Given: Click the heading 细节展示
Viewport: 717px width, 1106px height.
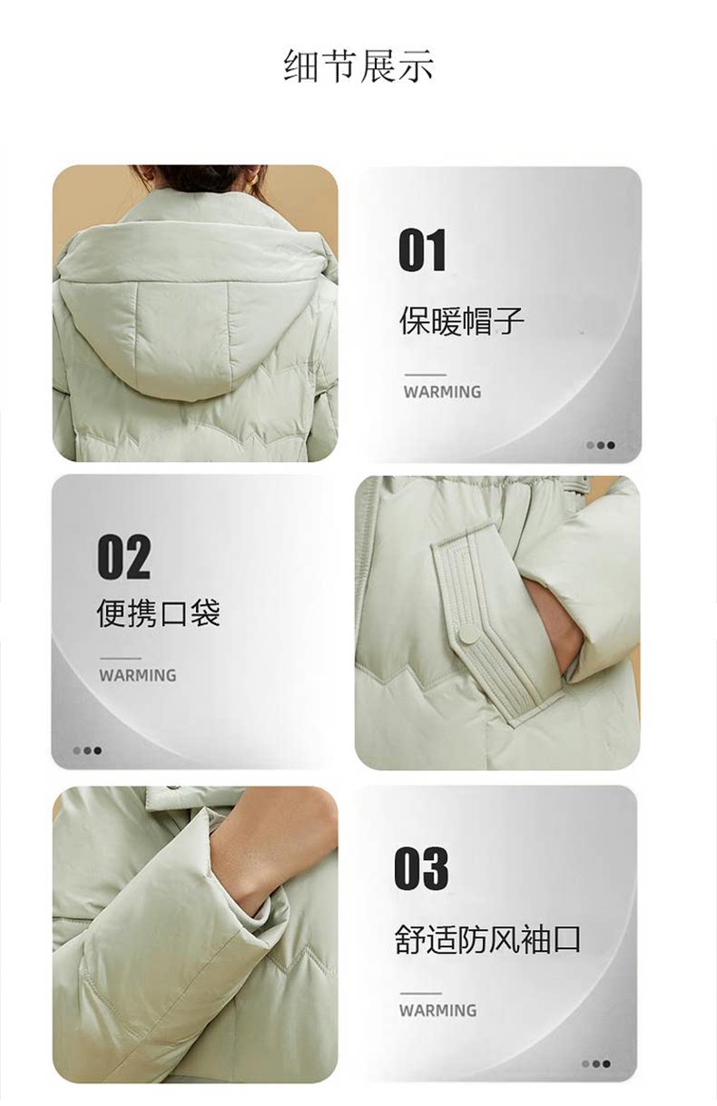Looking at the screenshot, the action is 359,65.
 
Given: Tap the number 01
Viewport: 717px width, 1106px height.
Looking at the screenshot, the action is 422,250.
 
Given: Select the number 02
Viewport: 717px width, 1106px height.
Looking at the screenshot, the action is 123,557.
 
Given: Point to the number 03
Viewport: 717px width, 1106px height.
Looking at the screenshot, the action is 421,868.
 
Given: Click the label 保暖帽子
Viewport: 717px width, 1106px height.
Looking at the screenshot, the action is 462,321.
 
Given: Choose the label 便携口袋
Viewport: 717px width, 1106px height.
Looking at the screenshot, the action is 159,612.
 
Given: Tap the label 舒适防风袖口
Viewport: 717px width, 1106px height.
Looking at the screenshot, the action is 487,939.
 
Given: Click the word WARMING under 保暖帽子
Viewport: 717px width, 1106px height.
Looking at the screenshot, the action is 442,392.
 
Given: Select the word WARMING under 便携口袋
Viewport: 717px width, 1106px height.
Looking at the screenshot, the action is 138,675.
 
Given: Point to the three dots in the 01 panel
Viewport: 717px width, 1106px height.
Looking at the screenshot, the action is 601,445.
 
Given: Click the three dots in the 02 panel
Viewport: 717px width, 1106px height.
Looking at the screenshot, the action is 87,750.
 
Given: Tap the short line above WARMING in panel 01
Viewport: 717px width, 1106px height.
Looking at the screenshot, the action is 425,376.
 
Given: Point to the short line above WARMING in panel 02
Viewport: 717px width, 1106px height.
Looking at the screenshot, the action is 121,659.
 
